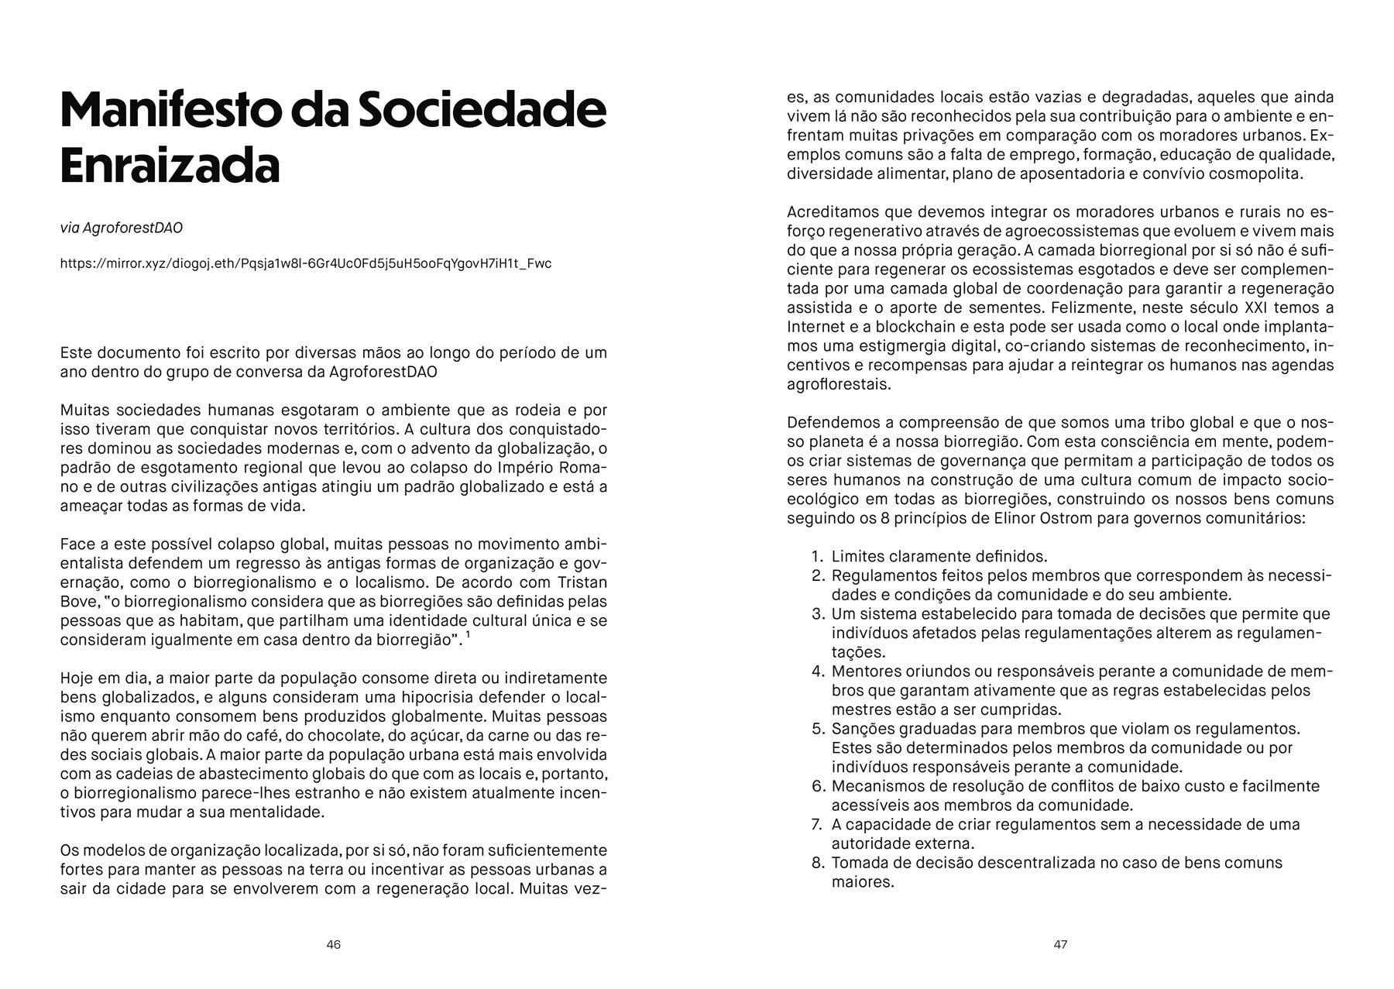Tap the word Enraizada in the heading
tap(170, 166)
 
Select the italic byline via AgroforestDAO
tap(122, 228)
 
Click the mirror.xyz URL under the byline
tap(306, 263)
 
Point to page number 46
tap(334, 945)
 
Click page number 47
tap(1060, 945)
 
